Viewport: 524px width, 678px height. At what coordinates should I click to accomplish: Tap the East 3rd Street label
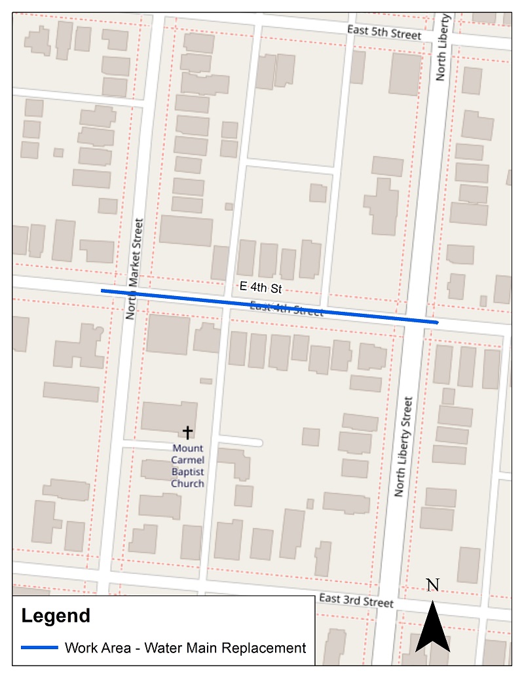click(x=356, y=600)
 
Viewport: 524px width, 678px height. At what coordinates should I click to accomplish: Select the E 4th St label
click(x=260, y=287)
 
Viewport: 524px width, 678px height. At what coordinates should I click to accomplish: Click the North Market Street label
click(x=134, y=269)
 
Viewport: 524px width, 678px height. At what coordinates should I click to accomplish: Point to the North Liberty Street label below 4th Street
click(x=403, y=447)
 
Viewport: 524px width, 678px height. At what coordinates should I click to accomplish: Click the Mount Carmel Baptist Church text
click(x=188, y=466)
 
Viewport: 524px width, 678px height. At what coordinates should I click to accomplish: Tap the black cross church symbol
click(x=188, y=432)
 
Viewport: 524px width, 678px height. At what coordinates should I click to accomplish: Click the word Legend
click(x=56, y=616)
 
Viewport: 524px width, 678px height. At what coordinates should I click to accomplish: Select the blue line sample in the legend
click(x=39, y=648)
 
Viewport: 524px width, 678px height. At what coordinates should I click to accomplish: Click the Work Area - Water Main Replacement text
click(x=185, y=648)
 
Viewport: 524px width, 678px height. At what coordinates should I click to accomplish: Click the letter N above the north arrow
click(x=432, y=586)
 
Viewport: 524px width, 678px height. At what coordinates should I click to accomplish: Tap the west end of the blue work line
click(x=102, y=290)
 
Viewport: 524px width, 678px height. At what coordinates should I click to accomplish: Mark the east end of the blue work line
click(x=436, y=322)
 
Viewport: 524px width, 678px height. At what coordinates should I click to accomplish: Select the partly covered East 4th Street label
click(x=286, y=309)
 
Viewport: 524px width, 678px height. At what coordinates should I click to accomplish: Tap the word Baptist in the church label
click(x=188, y=472)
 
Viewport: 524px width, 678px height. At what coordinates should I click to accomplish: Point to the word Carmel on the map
click(x=188, y=460)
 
